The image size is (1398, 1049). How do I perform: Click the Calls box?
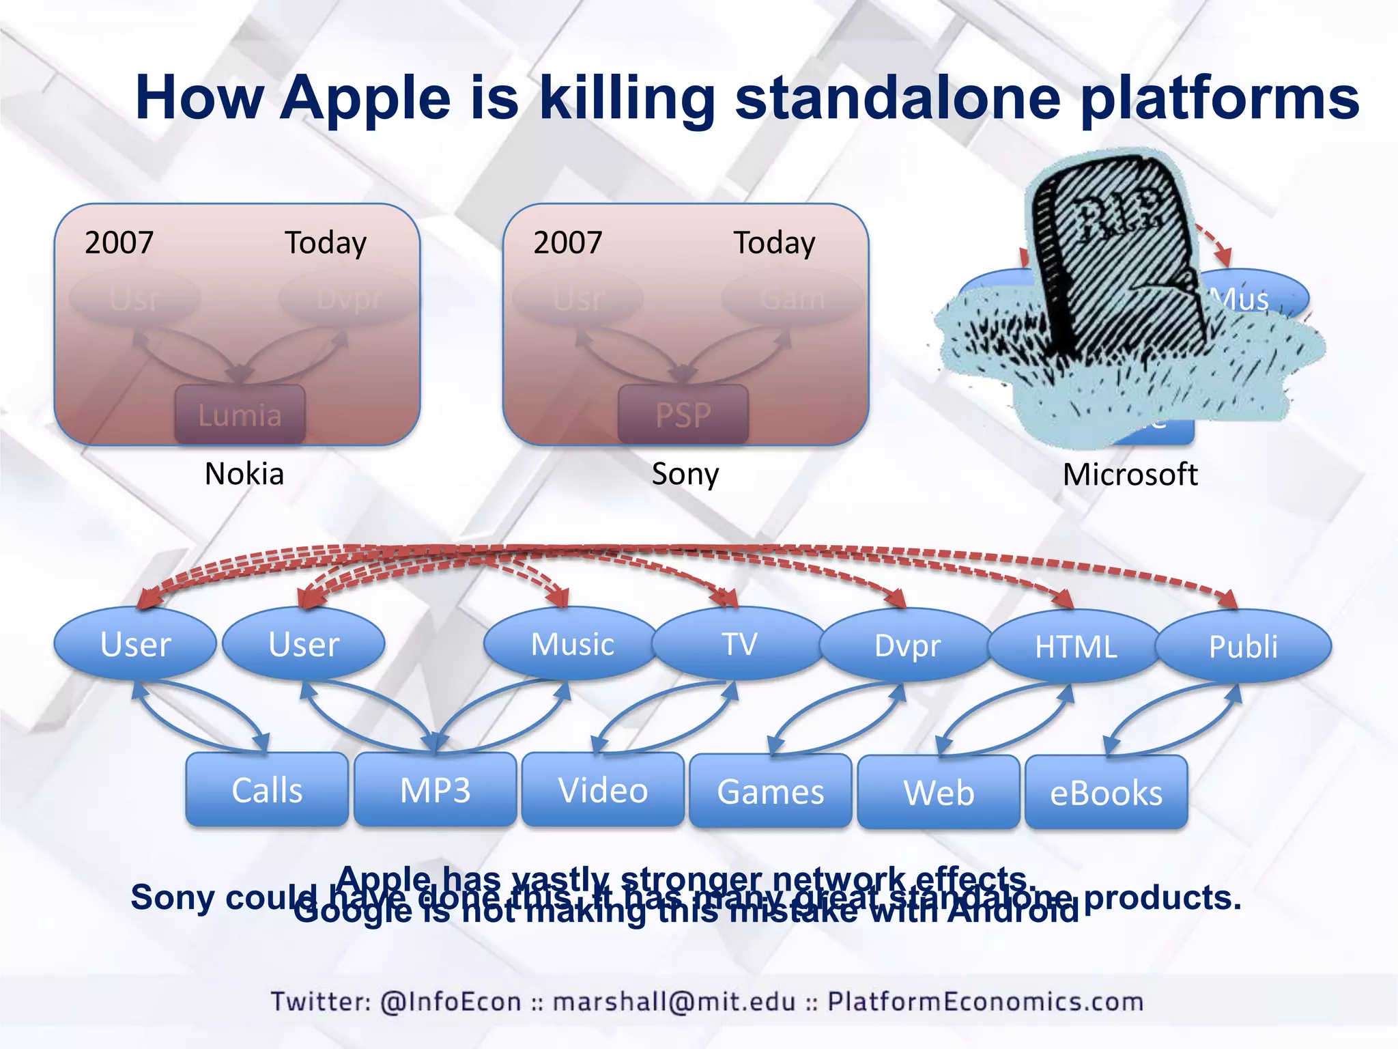[267, 789]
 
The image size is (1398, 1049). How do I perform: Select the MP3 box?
[435, 789]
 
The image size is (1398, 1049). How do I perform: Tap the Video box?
[603, 789]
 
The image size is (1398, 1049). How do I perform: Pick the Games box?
[771, 791]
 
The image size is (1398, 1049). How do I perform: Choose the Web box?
[939, 792]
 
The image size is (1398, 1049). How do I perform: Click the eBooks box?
[1106, 792]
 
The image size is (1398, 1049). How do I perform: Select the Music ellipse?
[572, 643]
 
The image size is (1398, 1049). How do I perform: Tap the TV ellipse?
[739, 643]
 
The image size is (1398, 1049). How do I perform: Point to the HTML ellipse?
[1075, 646]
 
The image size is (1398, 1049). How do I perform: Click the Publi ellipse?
[1243, 646]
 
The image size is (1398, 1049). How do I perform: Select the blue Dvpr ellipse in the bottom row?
[907, 645]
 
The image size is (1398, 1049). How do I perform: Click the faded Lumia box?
[240, 415]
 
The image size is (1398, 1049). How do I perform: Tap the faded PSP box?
[683, 415]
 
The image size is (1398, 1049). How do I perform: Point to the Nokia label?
[244, 473]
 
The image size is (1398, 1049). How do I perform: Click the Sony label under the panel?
[685, 473]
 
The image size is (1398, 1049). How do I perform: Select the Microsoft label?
[1130, 474]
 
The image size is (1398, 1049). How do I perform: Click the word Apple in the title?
[365, 98]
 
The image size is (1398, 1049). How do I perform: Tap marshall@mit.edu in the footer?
[674, 1001]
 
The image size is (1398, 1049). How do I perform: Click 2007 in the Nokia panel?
[119, 242]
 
